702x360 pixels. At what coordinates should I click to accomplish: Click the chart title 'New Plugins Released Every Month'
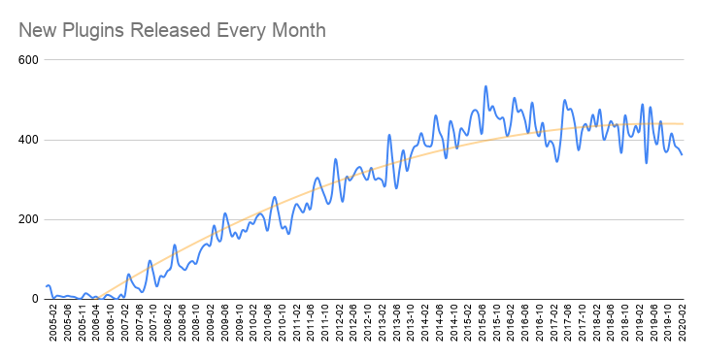tap(172, 30)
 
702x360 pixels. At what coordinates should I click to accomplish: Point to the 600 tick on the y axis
tap(27, 60)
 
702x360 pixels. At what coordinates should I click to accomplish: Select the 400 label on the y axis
tap(27, 140)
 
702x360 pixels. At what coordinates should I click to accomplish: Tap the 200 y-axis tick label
tap(27, 219)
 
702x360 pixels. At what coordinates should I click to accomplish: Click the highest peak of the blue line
tap(485, 86)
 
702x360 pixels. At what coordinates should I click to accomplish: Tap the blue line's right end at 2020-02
tap(682, 154)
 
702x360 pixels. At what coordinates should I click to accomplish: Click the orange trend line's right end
tap(683, 123)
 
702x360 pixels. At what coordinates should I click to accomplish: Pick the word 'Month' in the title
tap(300, 30)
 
